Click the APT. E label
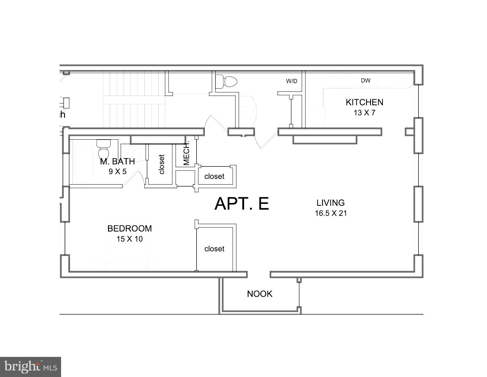pyautogui.click(x=242, y=204)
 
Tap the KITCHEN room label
pyautogui.click(x=364, y=102)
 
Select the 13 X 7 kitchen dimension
pyautogui.click(x=364, y=113)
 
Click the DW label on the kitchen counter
pyautogui.click(x=365, y=80)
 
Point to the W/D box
pyautogui.click(x=291, y=81)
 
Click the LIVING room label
pyautogui.click(x=331, y=203)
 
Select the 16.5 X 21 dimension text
pyautogui.click(x=331, y=213)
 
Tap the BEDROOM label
pyautogui.click(x=130, y=229)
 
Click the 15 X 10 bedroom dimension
pyautogui.click(x=130, y=239)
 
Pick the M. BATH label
pyautogui.click(x=117, y=161)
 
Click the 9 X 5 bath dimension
pyautogui.click(x=117, y=171)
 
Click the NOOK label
pyautogui.click(x=259, y=294)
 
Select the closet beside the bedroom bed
pyautogui.click(x=214, y=249)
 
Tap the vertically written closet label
pyautogui.click(x=161, y=164)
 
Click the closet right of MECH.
pyautogui.click(x=214, y=177)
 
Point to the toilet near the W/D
pyautogui.click(x=227, y=81)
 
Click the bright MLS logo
pyautogui.click(x=30, y=367)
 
